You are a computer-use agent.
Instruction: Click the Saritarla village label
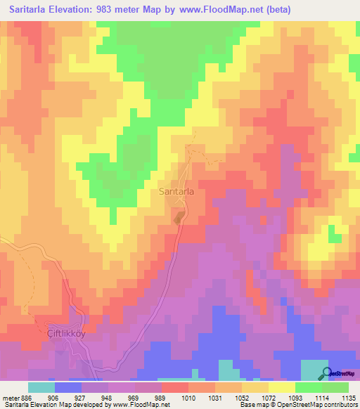(x=176, y=190)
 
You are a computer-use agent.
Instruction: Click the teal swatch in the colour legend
(x=41, y=387)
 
